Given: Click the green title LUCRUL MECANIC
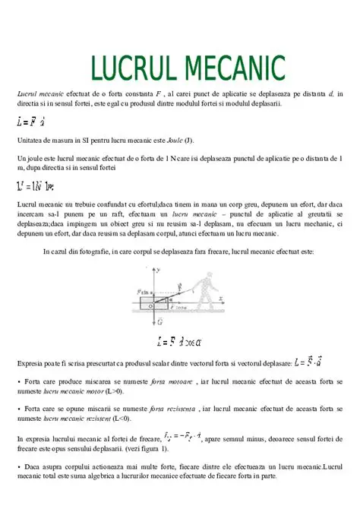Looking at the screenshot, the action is (x=188, y=68).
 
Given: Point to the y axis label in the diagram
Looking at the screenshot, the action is (x=159, y=270).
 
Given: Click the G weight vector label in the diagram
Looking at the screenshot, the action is (x=159, y=322).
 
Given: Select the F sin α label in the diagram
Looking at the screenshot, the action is (x=145, y=290).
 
